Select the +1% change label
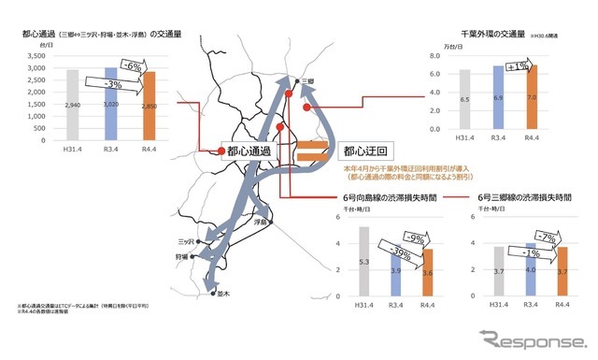[x=518, y=66]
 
